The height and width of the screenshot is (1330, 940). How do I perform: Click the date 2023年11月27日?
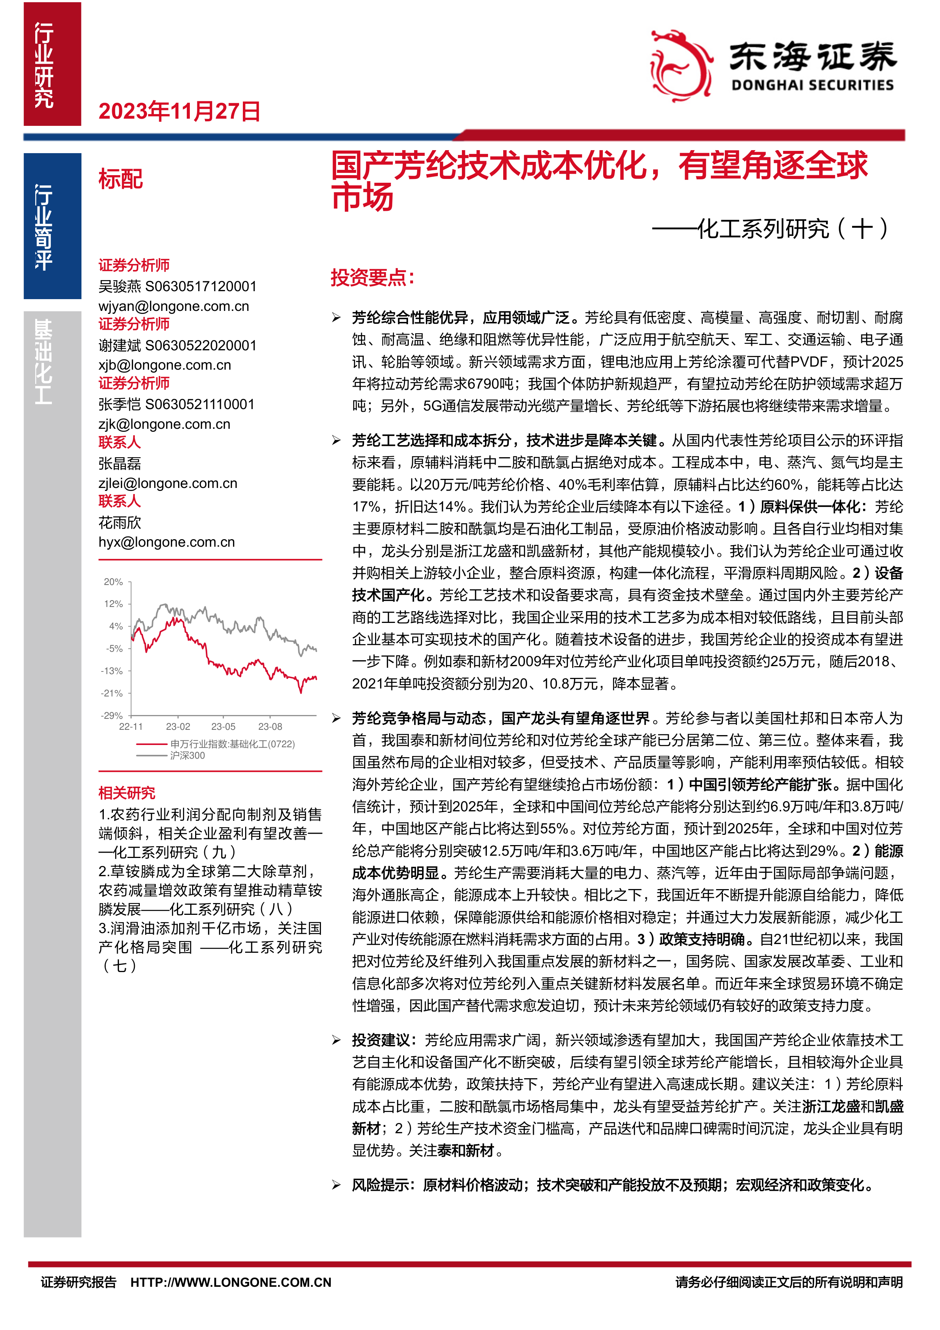[180, 111]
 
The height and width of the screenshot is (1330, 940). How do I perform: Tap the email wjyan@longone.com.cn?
[174, 306]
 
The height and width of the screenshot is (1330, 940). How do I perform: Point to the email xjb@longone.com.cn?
[164, 365]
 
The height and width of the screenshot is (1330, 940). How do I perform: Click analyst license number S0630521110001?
[200, 404]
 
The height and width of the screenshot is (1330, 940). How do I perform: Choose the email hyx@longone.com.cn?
[167, 542]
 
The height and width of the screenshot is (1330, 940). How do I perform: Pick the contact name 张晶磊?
[120, 463]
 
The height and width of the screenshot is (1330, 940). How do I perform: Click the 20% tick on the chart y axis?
[113, 582]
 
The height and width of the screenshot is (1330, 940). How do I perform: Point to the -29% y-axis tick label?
[112, 715]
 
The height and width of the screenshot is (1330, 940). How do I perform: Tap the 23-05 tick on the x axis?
[224, 726]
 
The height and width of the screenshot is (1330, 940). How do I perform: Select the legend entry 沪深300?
[187, 755]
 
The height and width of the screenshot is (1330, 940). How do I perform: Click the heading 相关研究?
[127, 793]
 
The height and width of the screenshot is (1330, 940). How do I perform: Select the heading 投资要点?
[372, 278]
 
